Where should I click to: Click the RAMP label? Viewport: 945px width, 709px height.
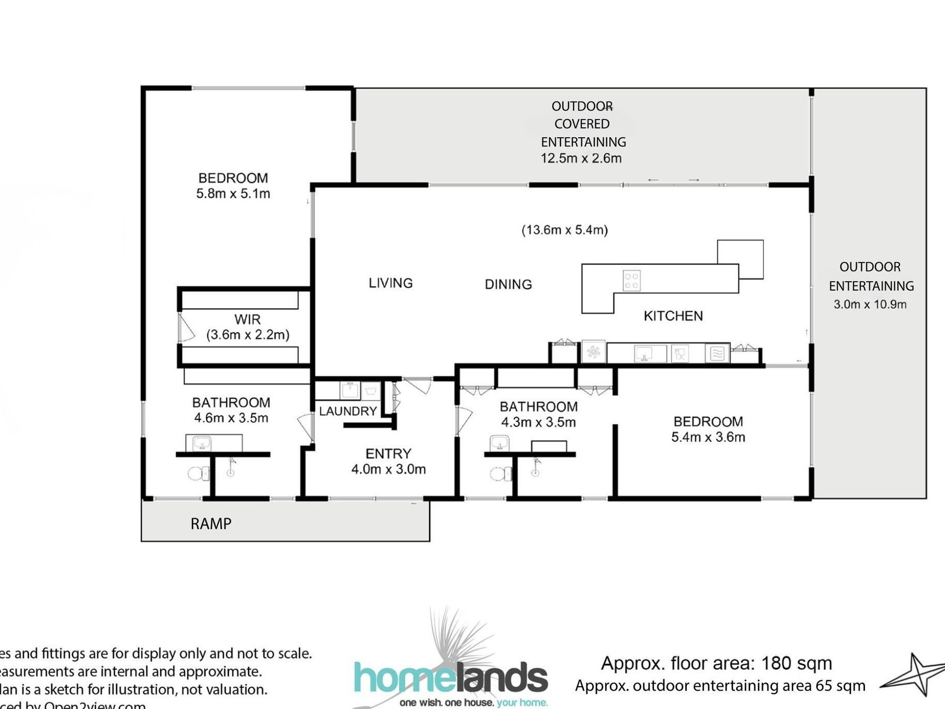pos(211,523)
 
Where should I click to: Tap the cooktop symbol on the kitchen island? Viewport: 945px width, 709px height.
pos(632,280)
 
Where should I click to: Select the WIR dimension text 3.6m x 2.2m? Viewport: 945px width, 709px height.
pos(248,334)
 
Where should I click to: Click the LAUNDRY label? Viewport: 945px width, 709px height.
pos(348,411)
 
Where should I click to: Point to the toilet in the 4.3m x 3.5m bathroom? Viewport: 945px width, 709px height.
pos(500,473)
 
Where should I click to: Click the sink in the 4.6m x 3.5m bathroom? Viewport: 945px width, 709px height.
pos(201,442)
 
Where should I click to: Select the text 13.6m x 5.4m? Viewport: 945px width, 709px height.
pos(565,230)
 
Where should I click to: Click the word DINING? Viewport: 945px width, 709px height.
pos(508,284)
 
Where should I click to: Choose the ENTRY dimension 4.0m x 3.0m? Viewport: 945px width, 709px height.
pos(388,469)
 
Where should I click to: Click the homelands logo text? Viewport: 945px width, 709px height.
pos(451,678)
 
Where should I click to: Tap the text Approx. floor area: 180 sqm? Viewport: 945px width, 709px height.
pos(716,663)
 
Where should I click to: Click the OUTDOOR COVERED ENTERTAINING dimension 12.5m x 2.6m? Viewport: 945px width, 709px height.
pos(581,158)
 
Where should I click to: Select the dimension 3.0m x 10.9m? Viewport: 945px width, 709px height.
pos(870,304)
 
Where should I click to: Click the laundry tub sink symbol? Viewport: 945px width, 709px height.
pos(350,390)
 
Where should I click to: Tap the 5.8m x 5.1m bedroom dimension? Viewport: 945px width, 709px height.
pos(233,194)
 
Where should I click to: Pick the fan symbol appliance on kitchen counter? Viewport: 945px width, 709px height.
pos(593,352)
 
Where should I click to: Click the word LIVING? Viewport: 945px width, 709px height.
pos(390,283)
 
